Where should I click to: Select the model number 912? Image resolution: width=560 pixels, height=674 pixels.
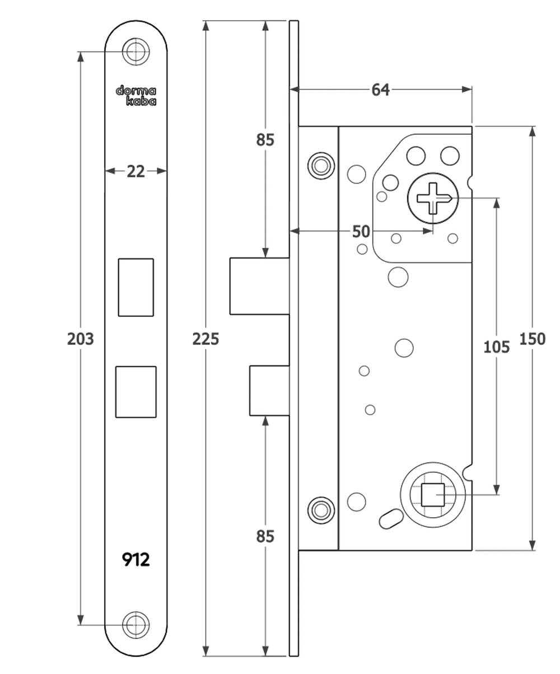(x=136, y=559)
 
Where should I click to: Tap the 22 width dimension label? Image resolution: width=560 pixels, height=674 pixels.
(x=136, y=171)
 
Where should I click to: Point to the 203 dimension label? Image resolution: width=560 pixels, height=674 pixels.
(x=80, y=339)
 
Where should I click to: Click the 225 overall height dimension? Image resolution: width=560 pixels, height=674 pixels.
(x=206, y=339)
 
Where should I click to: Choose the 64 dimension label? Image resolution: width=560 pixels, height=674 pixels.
(x=381, y=90)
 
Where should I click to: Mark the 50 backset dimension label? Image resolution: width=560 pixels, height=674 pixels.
(x=361, y=231)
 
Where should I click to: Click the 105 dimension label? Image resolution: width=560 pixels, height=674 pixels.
(x=496, y=347)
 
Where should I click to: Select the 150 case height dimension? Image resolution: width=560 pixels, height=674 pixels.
(x=532, y=339)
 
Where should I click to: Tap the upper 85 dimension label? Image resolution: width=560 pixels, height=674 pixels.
(x=265, y=139)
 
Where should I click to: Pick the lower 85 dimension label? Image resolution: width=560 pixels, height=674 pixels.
(x=265, y=536)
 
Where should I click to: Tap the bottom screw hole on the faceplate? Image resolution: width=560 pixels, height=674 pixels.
(x=136, y=624)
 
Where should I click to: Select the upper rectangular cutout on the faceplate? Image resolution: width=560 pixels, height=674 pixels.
(x=136, y=287)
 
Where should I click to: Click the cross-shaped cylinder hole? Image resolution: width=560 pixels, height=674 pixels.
(x=433, y=199)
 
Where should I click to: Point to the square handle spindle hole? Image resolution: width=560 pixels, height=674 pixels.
(x=432, y=495)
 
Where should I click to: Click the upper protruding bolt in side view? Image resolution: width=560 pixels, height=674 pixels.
(x=259, y=285)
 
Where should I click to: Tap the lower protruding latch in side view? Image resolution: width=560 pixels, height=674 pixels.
(x=269, y=391)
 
